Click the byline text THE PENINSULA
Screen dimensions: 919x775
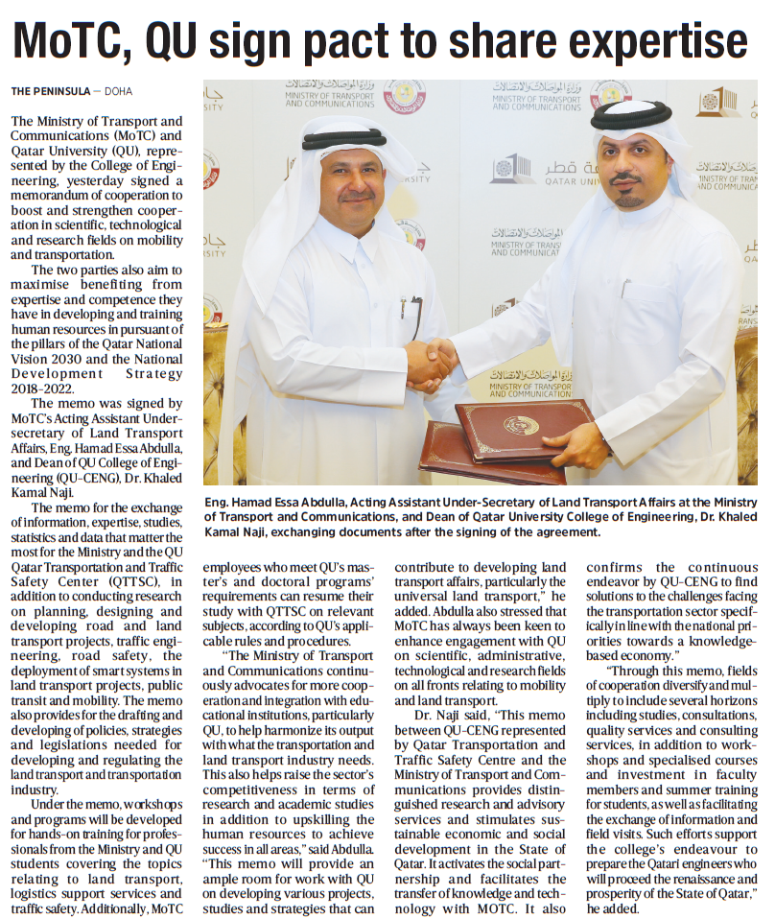click(x=50, y=91)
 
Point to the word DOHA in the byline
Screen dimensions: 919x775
click(x=119, y=91)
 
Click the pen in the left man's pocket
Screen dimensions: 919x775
click(x=404, y=307)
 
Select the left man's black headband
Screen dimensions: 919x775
click(x=343, y=140)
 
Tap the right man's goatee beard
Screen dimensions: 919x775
click(x=629, y=199)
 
